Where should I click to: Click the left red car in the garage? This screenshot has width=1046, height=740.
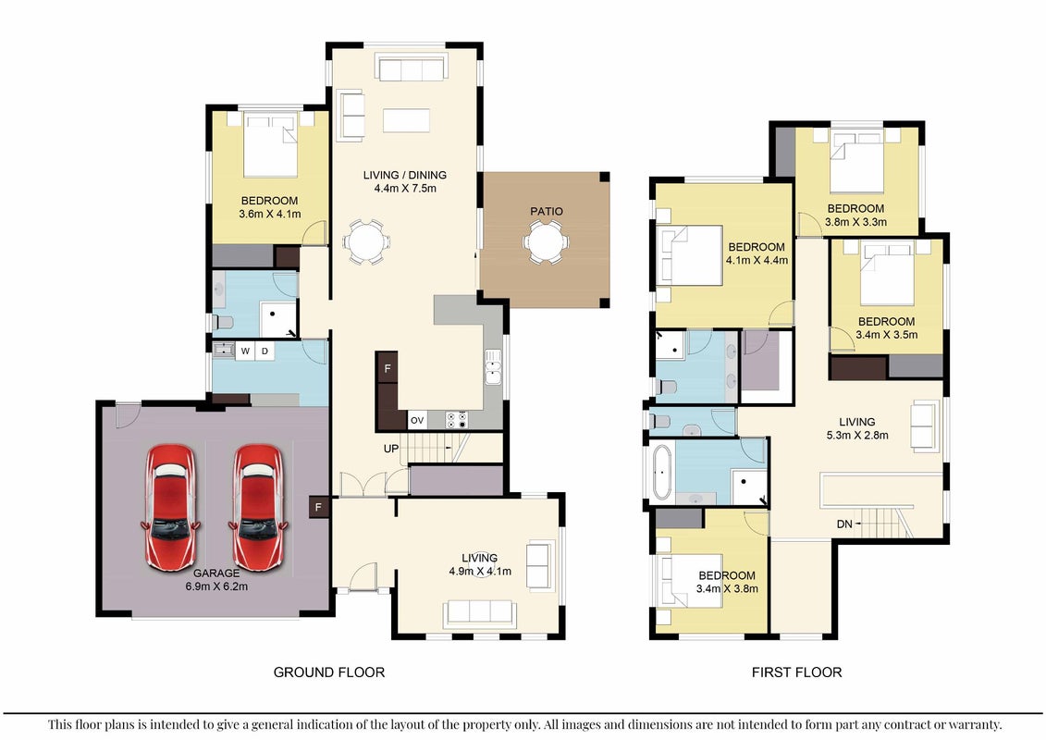[170, 507]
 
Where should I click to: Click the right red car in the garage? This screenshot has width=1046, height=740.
[258, 507]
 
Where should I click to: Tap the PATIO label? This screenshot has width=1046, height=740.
[547, 212]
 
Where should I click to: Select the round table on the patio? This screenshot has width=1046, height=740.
[546, 242]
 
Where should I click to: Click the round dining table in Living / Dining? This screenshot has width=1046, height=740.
[367, 240]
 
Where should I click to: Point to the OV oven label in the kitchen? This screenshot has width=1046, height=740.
[417, 420]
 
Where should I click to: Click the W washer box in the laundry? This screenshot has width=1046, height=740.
[245, 351]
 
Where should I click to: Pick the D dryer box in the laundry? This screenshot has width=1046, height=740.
[265, 351]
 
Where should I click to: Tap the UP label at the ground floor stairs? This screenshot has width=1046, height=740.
[391, 449]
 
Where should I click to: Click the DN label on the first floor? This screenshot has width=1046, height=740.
[844, 524]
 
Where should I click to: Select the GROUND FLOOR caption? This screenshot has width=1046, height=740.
[329, 672]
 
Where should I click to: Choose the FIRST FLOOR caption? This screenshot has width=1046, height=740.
[796, 672]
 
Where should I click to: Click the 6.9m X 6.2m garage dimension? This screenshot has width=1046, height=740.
[216, 586]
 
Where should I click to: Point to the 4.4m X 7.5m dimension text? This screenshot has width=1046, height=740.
[405, 188]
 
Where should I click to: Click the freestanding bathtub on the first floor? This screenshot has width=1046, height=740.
[662, 472]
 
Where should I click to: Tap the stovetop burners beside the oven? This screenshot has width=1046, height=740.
[456, 420]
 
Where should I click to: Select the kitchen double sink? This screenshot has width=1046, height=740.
[493, 367]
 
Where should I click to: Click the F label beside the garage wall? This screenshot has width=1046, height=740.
[318, 507]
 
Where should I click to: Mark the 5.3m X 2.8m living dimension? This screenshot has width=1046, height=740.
[857, 436]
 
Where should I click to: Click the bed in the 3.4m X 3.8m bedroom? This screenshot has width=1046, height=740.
[691, 581]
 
